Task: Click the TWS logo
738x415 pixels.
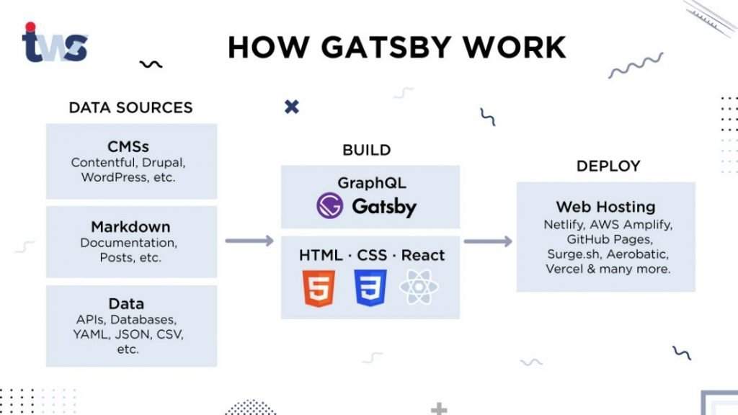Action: tap(55, 43)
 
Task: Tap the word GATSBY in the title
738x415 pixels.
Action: tap(386, 47)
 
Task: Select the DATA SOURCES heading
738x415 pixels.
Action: tap(131, 108)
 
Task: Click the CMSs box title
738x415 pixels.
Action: tap(128, 147)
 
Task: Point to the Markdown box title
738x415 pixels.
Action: tap(130, 227)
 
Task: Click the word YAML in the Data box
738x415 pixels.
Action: tap(89, 334)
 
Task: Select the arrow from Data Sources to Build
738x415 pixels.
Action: tap(249, 241)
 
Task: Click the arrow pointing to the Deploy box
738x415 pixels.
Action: tap(488, 241)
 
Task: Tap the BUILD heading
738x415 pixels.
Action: tap(367, 150)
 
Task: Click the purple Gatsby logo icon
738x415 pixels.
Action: tap(329, 205)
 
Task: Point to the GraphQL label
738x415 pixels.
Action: tap(371, 182)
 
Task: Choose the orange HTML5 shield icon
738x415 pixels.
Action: tap(319, 288)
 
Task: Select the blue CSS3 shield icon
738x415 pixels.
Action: tap(370, 288)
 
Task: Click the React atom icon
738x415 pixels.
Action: tap(419, 287)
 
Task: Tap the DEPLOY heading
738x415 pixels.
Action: tap(608, 166)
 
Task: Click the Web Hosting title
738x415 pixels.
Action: tap(605, 207)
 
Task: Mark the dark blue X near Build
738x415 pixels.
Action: tap(292, 107)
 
